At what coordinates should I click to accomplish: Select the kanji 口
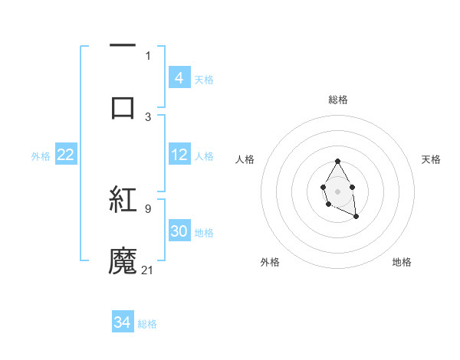[123, 107]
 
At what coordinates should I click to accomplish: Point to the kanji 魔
[123, 260]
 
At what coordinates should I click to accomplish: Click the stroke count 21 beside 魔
[148, 270]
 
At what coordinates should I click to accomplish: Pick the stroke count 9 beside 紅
[148, 208]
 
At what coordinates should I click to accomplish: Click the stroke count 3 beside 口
[148, 116]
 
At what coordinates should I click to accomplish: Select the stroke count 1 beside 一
[148, 55]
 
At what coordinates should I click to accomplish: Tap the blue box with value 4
[179, 78]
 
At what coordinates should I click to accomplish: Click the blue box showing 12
[179, 155]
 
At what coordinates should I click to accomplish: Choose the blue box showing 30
[179, 231]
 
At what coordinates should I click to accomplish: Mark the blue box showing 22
[65, 155]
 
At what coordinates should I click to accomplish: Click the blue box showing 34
[123, 322]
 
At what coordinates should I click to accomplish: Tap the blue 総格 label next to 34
[147, 324]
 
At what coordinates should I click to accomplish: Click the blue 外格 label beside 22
[41, 156]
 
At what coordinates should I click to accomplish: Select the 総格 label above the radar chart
[337, 100]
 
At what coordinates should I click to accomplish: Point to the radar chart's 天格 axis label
[432, 159]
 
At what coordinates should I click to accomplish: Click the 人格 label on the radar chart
[245, 159]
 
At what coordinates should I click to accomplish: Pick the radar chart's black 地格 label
[402, 262]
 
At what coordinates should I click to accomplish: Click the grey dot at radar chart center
[337, 191]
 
